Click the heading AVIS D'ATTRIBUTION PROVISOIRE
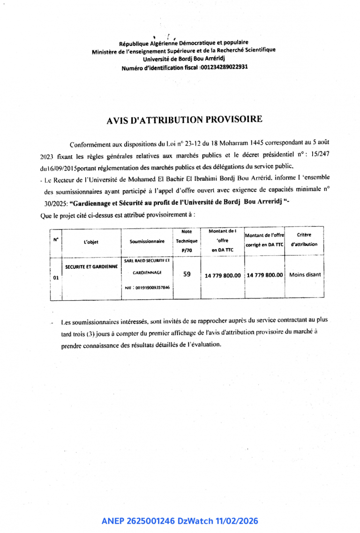point(185,120)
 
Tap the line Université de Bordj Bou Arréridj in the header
point(184,59)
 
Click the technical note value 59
point(187,274)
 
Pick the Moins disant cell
point(305,275)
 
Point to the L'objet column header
point(91,242)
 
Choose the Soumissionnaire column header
point(147,242)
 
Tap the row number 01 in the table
point(56,278)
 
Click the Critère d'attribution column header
point(304,239)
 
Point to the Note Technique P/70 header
point(187,241)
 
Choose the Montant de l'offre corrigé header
point(264,240)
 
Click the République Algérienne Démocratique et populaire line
point(184,43)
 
